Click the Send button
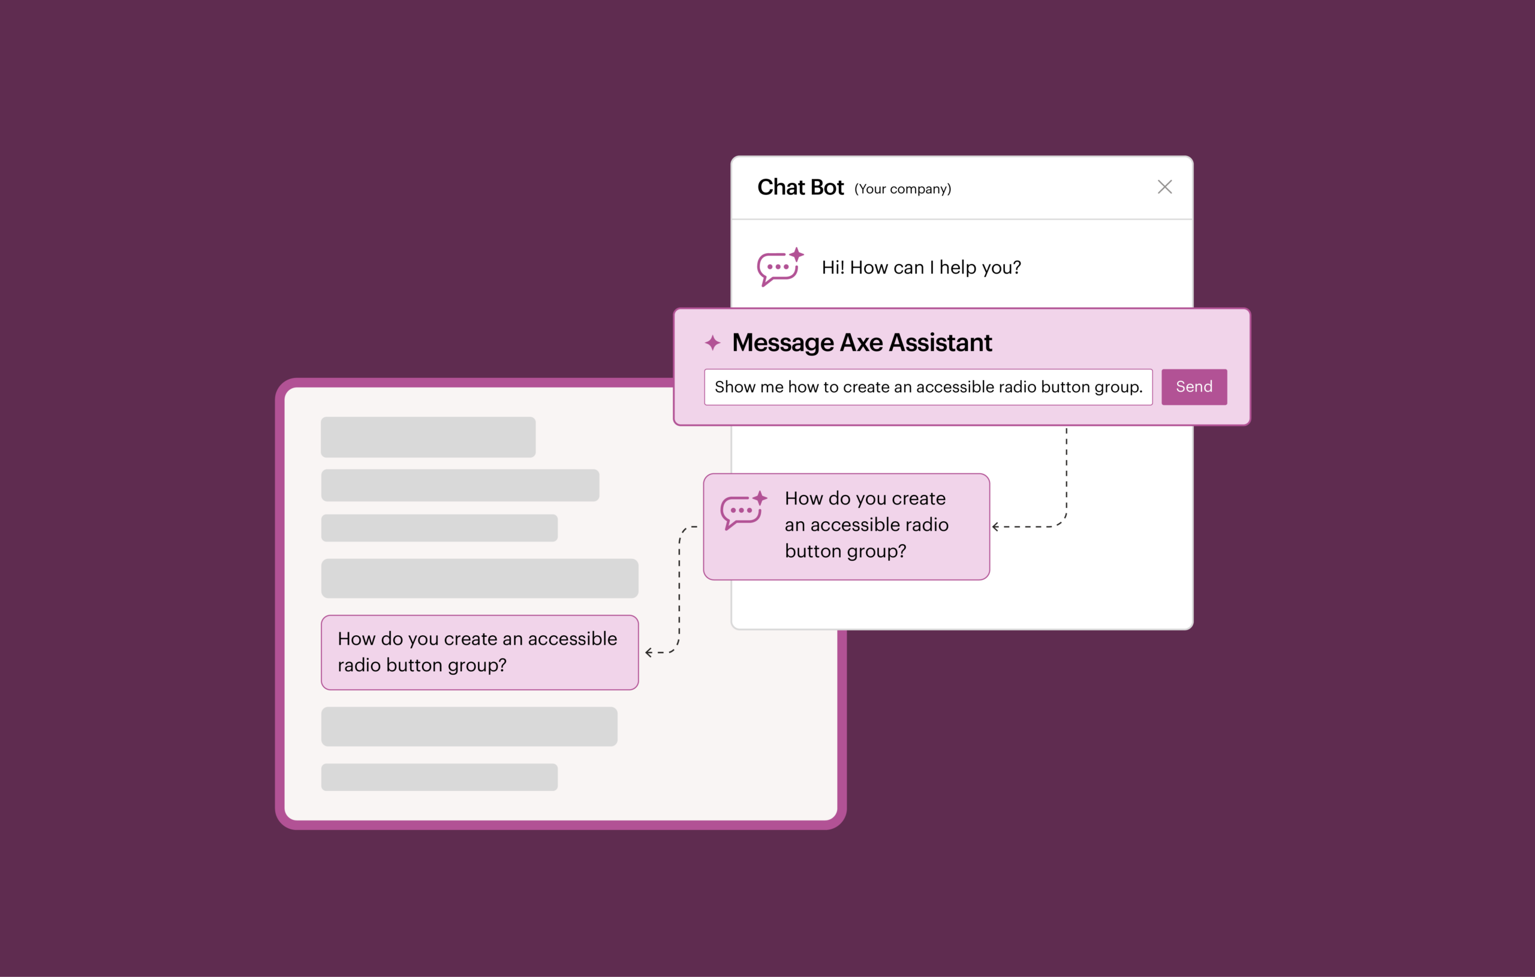(1193, 386)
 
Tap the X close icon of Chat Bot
(1164, 187)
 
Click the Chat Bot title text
(800, 188)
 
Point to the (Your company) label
(902, 189)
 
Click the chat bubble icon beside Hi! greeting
(778, 266)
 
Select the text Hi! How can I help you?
(920, 267)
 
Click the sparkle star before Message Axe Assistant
(712, 343)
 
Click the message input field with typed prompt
(928, 386)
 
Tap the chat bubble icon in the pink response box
(743, 510)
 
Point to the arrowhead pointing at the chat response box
(996, 527)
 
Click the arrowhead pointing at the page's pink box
(648, 653)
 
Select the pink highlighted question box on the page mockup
(479, 652)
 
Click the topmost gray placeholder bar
(428, 437)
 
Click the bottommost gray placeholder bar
(439, 777)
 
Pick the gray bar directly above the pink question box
(479, 578)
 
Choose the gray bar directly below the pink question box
(469, 726)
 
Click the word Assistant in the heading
(940, 343)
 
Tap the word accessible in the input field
(954, 386)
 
